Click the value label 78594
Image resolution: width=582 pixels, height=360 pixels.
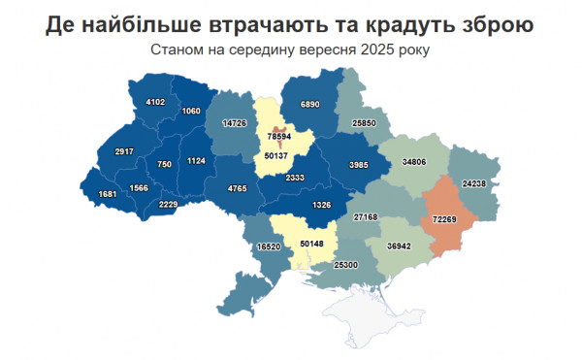click(280, 138)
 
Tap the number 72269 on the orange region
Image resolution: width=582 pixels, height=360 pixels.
click(444, 220)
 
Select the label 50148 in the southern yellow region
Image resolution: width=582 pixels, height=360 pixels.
click(311, 244)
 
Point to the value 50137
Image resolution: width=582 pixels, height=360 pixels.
click(276, 156)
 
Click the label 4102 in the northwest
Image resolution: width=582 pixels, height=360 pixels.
click(155, 102)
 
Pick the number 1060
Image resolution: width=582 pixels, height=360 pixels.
click(191, 111)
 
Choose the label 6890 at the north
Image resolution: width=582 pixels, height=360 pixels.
click(309, 104)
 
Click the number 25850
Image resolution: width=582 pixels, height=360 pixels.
click(364, 124)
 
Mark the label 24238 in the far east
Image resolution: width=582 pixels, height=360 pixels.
click(474, 183)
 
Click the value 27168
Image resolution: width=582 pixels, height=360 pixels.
click(367, 217)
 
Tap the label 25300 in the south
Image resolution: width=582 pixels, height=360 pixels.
click(345, 264)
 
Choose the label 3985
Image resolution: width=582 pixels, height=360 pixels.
click(359, 163)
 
